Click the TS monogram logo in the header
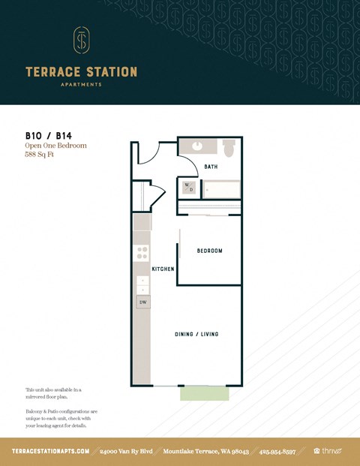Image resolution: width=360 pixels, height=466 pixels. click(81, 41)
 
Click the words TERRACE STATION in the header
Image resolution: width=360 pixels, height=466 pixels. click(81, 72)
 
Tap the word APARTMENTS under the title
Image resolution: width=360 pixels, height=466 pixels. click(81, 85)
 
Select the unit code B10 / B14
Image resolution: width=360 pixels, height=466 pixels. click(45, 136)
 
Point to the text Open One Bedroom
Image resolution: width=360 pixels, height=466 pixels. click(55, 146)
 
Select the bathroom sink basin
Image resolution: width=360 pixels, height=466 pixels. click(198, 146)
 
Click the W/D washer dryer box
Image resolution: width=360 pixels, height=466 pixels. click(189, 188)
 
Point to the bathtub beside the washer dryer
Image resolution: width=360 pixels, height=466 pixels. click(222, 190)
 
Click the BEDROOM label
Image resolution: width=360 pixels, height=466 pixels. click(209, 251)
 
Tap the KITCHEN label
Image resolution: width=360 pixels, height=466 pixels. click(163, 269)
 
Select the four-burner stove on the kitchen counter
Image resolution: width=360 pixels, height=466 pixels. click(142, 253)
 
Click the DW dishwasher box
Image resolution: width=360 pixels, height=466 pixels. click(142, 302)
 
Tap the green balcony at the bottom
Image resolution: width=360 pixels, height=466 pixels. click(204, 393)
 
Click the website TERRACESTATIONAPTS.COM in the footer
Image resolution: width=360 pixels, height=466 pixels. click(51, 451)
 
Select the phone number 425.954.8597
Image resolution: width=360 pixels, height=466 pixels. click(277, 451)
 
